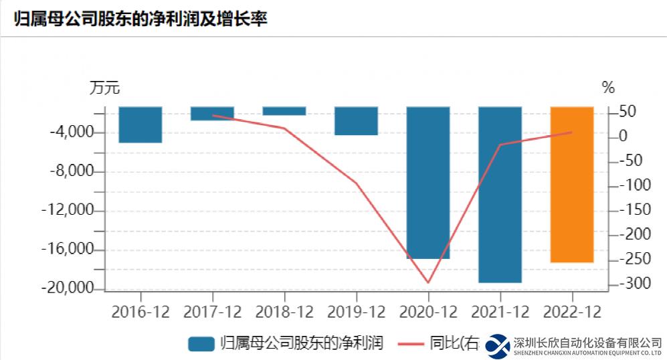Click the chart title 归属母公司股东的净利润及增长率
(x=140, y=19)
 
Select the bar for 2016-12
(x=140, y=124)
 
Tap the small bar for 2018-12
(x=284, y=111)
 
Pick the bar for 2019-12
(x=356, y=121)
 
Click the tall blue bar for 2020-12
(x=428, y=182)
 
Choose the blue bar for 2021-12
(x=500, y=194)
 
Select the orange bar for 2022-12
(x=572, y=184)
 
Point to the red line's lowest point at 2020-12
(x=428, y=282)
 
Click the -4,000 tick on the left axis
(x=72, y=132)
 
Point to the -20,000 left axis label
(x=68, y=289)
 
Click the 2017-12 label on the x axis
(x=213, y=312)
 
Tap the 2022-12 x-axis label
(x=572, y=312)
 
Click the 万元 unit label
(x=104, y=88)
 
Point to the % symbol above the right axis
(x=607, y=88)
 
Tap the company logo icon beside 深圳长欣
(x=498, y=345)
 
